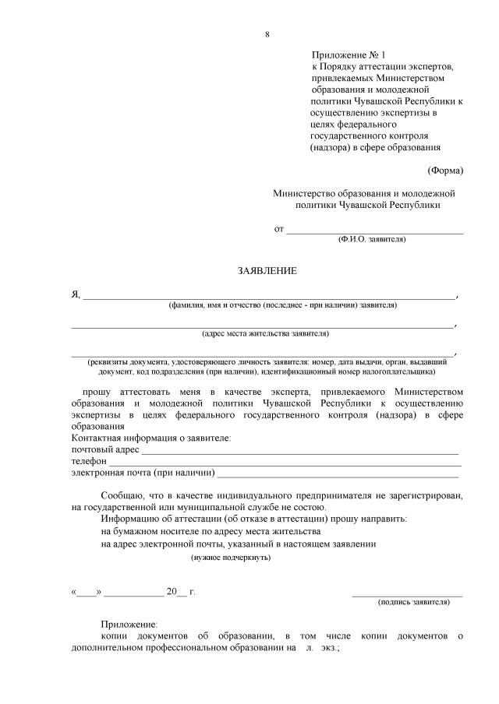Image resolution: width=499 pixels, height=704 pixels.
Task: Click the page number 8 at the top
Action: click(267, 34)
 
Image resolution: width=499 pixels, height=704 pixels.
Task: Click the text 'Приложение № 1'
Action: click(349, 55)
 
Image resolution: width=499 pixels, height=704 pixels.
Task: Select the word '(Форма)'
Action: click(445, 171)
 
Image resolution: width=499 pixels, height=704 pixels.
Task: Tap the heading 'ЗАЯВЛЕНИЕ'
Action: click(267, 271)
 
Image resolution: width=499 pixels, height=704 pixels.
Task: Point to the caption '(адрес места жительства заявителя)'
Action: click(265, 334)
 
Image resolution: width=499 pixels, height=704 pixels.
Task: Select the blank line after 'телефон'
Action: click(285, 463)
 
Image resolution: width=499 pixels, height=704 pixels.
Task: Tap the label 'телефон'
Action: click(89, 462)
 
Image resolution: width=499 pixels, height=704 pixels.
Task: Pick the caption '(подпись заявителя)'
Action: click(414, 602)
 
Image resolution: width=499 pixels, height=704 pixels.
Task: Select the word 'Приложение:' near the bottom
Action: click(129, 625)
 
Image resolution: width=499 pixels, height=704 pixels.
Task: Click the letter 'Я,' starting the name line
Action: click(76, 294)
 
